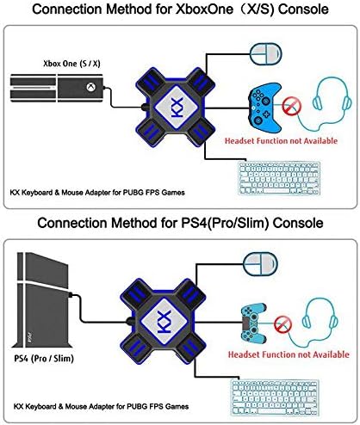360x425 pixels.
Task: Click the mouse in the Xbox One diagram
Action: tap(266, 54)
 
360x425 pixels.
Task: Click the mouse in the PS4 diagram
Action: tap(260, 264)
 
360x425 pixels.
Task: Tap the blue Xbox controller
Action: tap(264, 108)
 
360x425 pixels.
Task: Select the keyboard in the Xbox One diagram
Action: tap(279, 178)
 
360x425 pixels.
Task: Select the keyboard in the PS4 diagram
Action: tap(275, 397)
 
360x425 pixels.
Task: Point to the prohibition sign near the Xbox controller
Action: tap(292, 106)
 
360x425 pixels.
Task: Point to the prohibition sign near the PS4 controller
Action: tap(282, 324)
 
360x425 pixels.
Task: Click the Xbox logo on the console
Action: tap(91, 87)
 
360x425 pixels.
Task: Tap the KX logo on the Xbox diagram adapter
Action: tap(177, 107)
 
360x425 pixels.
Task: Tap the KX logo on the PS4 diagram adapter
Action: tap(164, 322)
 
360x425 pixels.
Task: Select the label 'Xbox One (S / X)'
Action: tap(71, 64)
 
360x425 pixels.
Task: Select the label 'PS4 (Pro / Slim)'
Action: tap(44, 358)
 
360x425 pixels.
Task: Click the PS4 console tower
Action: tap(43, 300)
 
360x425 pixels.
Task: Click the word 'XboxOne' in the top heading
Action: tap(204, 9)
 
